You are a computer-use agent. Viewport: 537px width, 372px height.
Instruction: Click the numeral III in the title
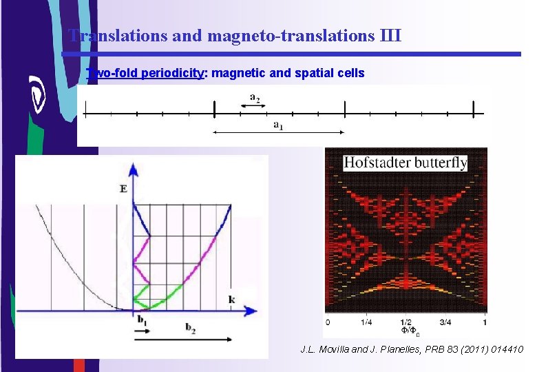tap(390, 35)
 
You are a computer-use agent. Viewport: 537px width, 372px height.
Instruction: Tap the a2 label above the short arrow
tap(255, 96)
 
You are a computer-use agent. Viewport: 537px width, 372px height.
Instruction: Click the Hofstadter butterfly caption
tap(406, 163)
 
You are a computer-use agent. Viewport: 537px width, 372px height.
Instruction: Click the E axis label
tap(124, 188)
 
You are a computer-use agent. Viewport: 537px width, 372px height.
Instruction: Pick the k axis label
tap(232, 299)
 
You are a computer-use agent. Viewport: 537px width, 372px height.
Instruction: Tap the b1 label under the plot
tap(143, 320)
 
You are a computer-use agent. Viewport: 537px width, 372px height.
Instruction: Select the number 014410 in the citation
tap(505, 350)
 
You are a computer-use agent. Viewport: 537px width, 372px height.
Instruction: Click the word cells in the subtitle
tap(350, 72)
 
